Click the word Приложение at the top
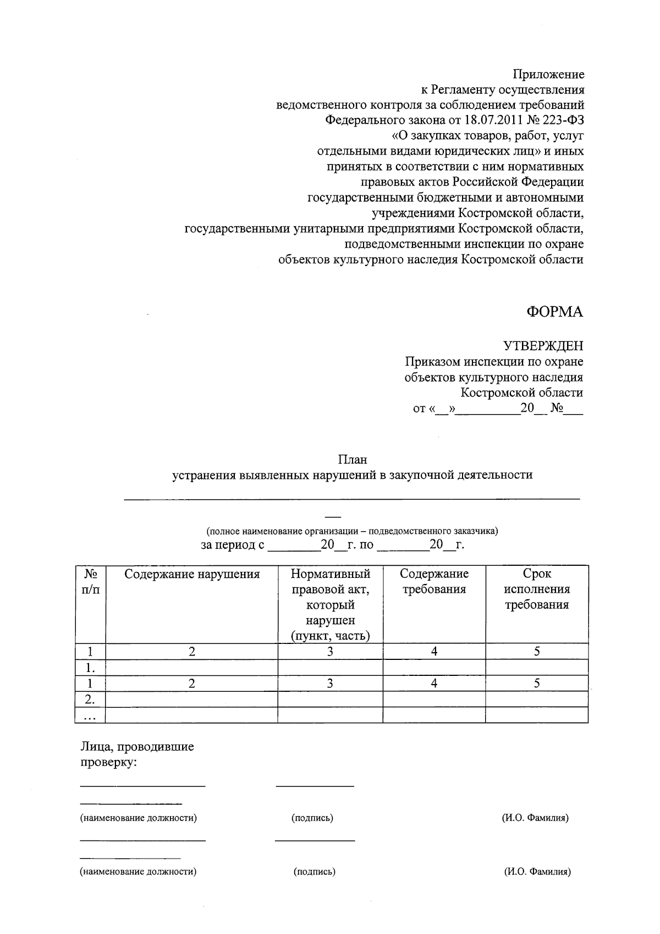tap(548, 74)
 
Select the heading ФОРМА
tap(554, 312)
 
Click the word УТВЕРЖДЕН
tap(543, 346)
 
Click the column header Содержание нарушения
tap(191, 575)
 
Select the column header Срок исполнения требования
tap(537, 589)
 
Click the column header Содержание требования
tap(434, 582)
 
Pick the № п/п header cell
tap(90, 582)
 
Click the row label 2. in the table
tap(90, 700)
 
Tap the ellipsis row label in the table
tap(90, 716)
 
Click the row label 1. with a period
tap(90, 668)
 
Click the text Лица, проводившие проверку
tap(137, 755)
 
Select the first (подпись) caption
tap(312, 818)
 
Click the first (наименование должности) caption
tap(139, 818)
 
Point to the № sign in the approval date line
tap(556, 409)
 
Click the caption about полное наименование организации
tap(352, 531)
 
